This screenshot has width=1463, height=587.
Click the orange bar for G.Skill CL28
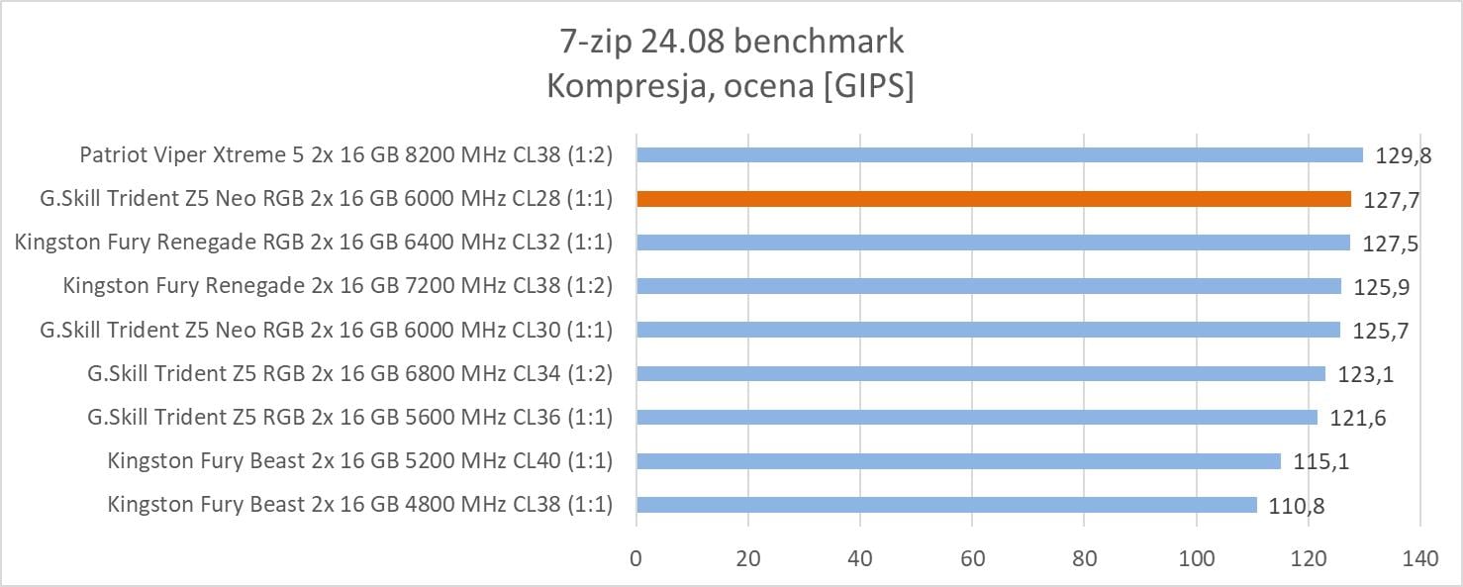click(x=994, y=199)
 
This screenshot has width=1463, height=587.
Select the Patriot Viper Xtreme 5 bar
click(x=1000, y=155)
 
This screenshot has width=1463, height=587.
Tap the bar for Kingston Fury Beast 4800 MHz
click(x=946, y=505)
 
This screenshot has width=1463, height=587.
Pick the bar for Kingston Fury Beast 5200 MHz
click(x=958, y=461)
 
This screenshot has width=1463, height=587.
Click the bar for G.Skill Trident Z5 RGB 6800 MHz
click(x=981, y=374)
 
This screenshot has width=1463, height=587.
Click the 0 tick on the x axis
click(x=636, y=557)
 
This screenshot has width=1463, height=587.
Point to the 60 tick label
click(x=973, y=557)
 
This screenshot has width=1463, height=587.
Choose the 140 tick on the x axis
click(x=1420, y=557)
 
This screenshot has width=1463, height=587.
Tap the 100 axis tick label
click(x=1197, y=557)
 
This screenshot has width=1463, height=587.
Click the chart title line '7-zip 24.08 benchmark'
click(x=731, y=42)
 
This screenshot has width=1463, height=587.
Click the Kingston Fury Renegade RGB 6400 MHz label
click(x=314, y=243)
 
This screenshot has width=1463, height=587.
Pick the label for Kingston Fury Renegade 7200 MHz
click(x=338, y=286)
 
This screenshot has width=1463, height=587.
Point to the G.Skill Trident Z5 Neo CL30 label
click(x=326, y=330)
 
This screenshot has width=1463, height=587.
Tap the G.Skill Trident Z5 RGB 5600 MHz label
click(x=349, y=418)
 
